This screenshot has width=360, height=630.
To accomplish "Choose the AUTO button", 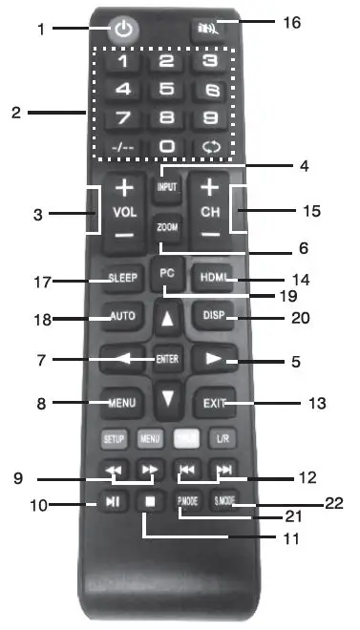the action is pos(119,315).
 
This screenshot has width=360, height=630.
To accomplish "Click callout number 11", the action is pos(284,539).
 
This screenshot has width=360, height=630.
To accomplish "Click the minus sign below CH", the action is pos(210,233).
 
